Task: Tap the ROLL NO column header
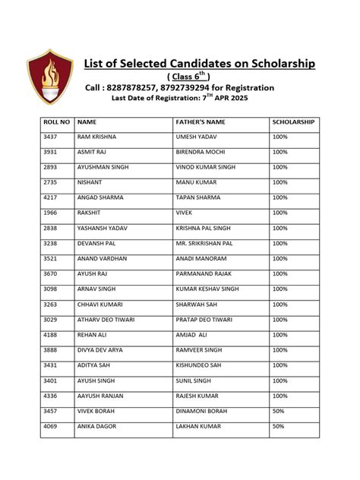click(56, 122)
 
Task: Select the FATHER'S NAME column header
click(201, 122)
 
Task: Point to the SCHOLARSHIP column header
click(293, 122)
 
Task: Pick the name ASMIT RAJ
click(92, 152)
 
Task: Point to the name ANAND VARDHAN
click(102, 259)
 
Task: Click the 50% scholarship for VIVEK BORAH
click(278, 411)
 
